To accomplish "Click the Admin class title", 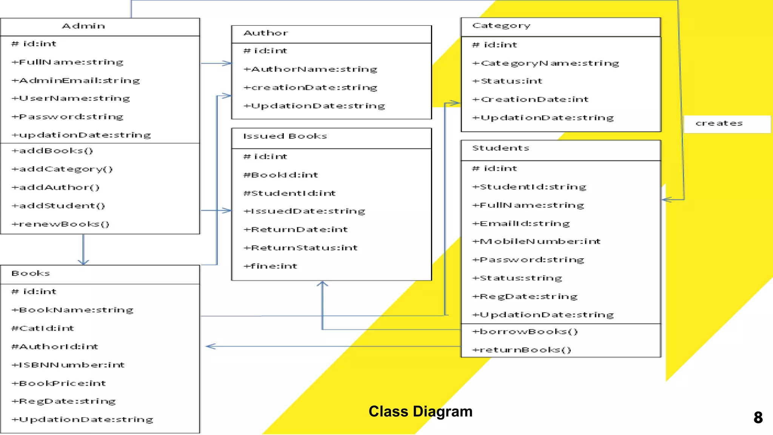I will (x=83, y=26).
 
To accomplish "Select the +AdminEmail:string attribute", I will (x=76, y=80).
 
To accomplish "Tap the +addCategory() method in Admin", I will (x=62, y=169).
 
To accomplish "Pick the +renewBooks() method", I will (x=61, y=224).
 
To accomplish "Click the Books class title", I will (x=31, y=273).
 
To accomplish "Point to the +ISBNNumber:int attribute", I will (x=68, y=365).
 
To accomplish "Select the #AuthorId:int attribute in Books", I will (x=55, y=347).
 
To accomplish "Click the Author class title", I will (x=266, y=33).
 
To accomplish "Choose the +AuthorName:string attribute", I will (x=310, y=69).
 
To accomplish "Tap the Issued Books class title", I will (x=285, y=136).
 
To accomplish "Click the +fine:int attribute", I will (x=271, y=266).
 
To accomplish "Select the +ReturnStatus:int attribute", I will (x=301, y=248).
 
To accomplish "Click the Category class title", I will (x=501, y=26).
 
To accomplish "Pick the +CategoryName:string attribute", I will (x=546, y=63).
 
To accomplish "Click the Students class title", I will (x=501, y=148).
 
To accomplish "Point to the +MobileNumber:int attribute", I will (x=536, y=242).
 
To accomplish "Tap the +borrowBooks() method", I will (x=525, y=332).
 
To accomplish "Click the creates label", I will (x=719, y=123).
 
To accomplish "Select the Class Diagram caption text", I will (x=420, y=412).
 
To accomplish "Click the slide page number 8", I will (x=758, y=418).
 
